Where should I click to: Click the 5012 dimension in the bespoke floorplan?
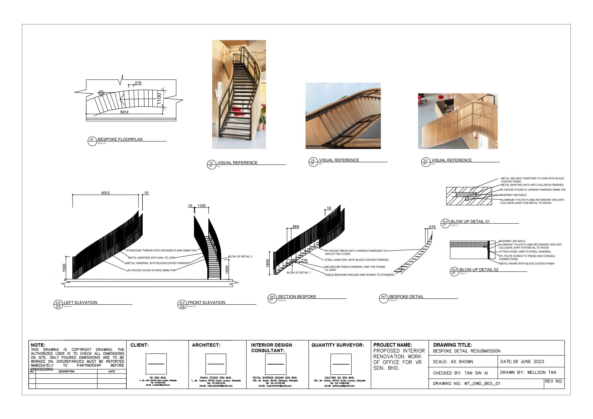[124, 112]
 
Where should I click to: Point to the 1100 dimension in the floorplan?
[159, 98]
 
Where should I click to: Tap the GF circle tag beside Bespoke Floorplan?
[92, 141]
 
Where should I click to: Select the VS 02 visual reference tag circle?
[313, 162]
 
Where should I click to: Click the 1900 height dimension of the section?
[268, 263]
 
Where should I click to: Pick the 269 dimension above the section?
[296, 227]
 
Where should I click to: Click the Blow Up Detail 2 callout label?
[240, 257]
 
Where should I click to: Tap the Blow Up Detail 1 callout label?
[299, 273]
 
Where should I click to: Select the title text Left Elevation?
[80, 302]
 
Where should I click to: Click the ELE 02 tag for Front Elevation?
[182, 304]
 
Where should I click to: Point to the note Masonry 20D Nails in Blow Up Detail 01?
[513, 195]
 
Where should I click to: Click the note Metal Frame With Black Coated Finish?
[527, 264]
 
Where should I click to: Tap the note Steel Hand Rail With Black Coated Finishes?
[356, 260]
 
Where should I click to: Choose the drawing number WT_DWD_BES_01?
[482, 384]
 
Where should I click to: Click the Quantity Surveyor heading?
[337, 345]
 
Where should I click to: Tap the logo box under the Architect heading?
[216, 364]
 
